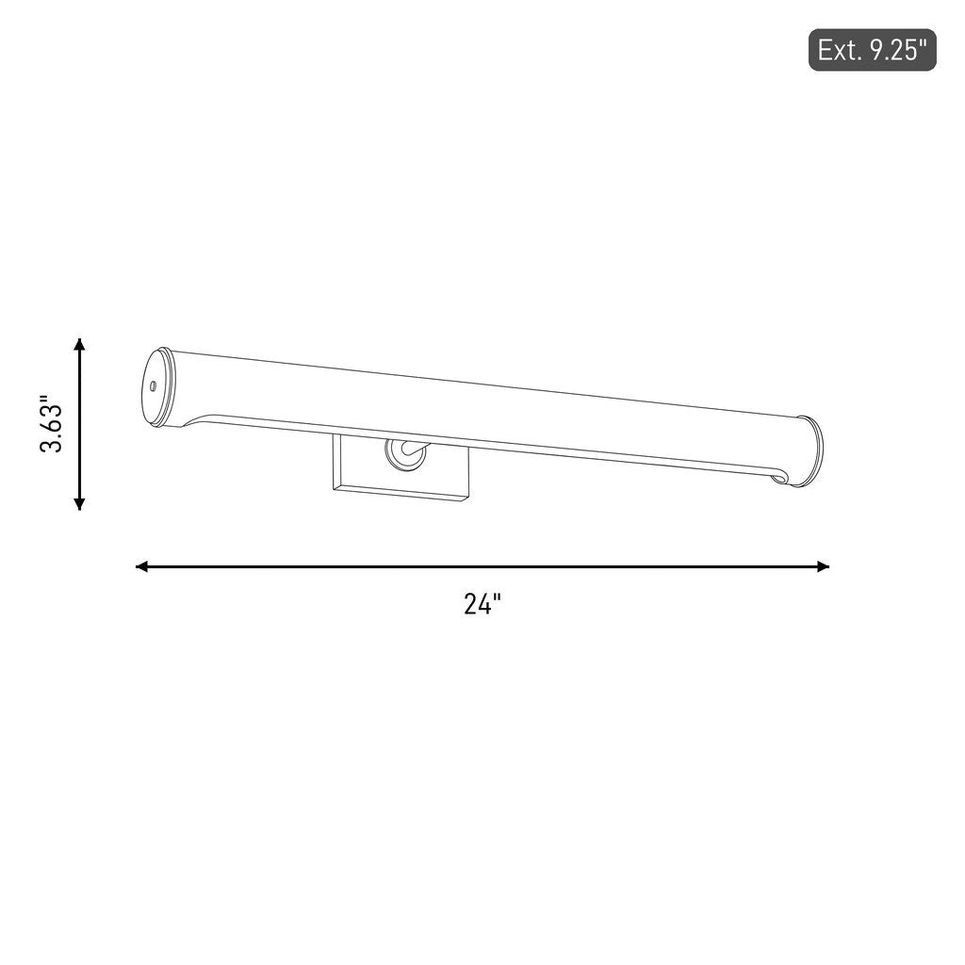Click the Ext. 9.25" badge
[x=872, y=50]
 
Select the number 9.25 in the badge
[x=895, y=51]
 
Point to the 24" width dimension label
[x=482, y=604]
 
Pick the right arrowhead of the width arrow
[x=823, y=566]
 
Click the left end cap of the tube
[x=156, y=387]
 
